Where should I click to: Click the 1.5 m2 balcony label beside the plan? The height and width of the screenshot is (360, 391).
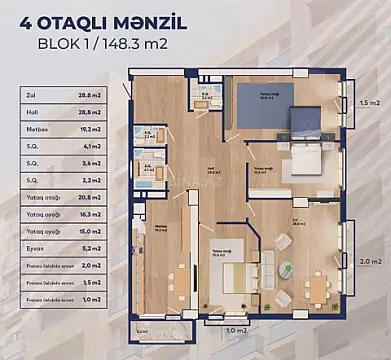point(369,102)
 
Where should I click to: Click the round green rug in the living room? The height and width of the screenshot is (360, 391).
point(287,267)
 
